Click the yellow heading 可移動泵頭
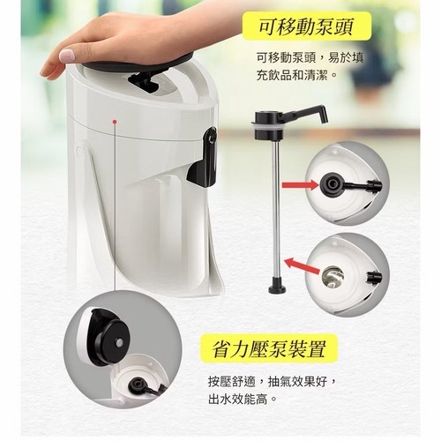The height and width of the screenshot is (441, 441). pyautogui.click(x=306, y=27)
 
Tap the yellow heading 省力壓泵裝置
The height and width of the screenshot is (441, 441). pyautogui.click(x=269, y=349)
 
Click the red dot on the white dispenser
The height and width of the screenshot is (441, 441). pyautogui.click(x=115, y=121)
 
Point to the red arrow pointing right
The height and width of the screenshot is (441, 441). pyautogui.click(x=300, y=185)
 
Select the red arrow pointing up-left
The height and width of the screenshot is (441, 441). pyautogui.click(x=302, y=265)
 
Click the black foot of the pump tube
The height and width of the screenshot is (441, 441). pyautogui.click(x=277, y=288)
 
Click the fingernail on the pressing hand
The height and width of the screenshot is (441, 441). pyautogui.click(x=66, y=56)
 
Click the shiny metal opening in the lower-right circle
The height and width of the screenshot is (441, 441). pyautogui.click(x=333, y=277)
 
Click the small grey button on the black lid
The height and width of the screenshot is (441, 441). pyautogui.click(x=119, y=343)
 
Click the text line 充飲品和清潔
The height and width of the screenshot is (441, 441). pyautogui.click(x=297, y=76)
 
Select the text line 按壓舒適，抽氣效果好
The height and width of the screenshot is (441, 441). pyautogui.click(x=272, y=382)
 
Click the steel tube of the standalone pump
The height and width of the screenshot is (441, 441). pyautogui.click(x=275, y=212)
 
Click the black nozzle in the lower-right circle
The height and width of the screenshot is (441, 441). pyautogui.click(x=374, y=277)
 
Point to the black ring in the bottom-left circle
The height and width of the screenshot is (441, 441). pyautogui.click(x=138, y=384)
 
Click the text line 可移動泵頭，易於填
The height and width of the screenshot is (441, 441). pyautogui.click(x=310, y=57)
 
